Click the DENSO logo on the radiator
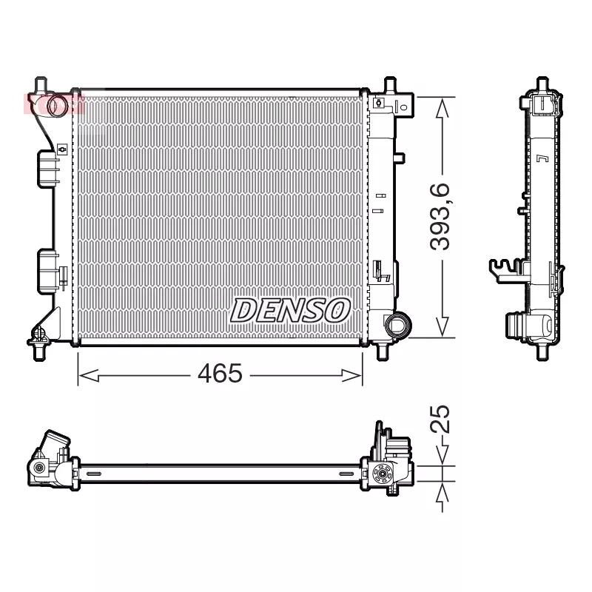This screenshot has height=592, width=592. tap(291, 311)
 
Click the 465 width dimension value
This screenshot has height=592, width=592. tap(220, 374)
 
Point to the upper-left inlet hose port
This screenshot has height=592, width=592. tap(56, 105)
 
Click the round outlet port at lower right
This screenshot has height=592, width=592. tap(396, 324)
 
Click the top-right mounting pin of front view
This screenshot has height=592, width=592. tap(390, 85)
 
